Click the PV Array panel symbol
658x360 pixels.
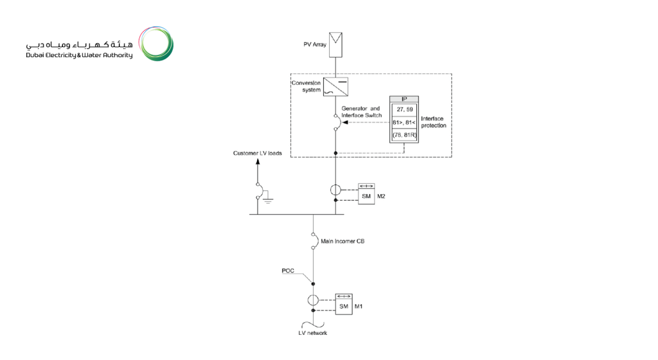[x=335, y=44]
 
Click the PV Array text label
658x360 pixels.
[x=315, y=45]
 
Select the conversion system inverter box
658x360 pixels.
[x=335, y=86]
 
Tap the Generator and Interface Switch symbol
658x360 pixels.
[x=335, y=122]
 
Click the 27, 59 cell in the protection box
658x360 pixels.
[x=405, y=109]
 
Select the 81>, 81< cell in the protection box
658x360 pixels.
[x=405, y=122]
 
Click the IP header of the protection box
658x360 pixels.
[x=405, y=98]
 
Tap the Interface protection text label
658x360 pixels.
[x=434, y=122]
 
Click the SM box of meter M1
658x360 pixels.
[x=344, y=307]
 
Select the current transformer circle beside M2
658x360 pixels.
[x=335, y=190]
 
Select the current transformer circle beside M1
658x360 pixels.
[x=314, y=300]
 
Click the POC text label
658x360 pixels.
[x=288, y=271]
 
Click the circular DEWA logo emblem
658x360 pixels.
[x=156, y=44]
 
